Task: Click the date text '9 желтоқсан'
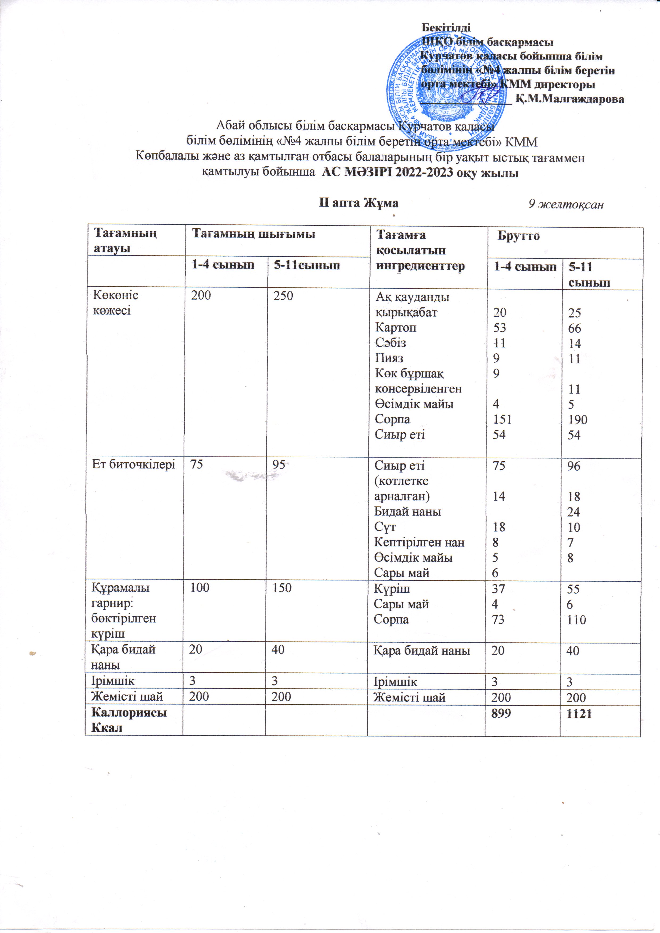click(x=566, y=204)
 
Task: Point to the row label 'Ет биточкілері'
click(x=133, y=465)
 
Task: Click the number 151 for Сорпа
click(x=502, y=419)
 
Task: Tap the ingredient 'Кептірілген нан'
click(x=419, y=542)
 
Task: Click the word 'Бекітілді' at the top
click(x=446, y=28)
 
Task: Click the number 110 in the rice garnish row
click(x=577, y=620)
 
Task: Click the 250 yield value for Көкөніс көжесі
click(x=283, y=295)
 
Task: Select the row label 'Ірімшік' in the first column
click(x=113, y=681)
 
